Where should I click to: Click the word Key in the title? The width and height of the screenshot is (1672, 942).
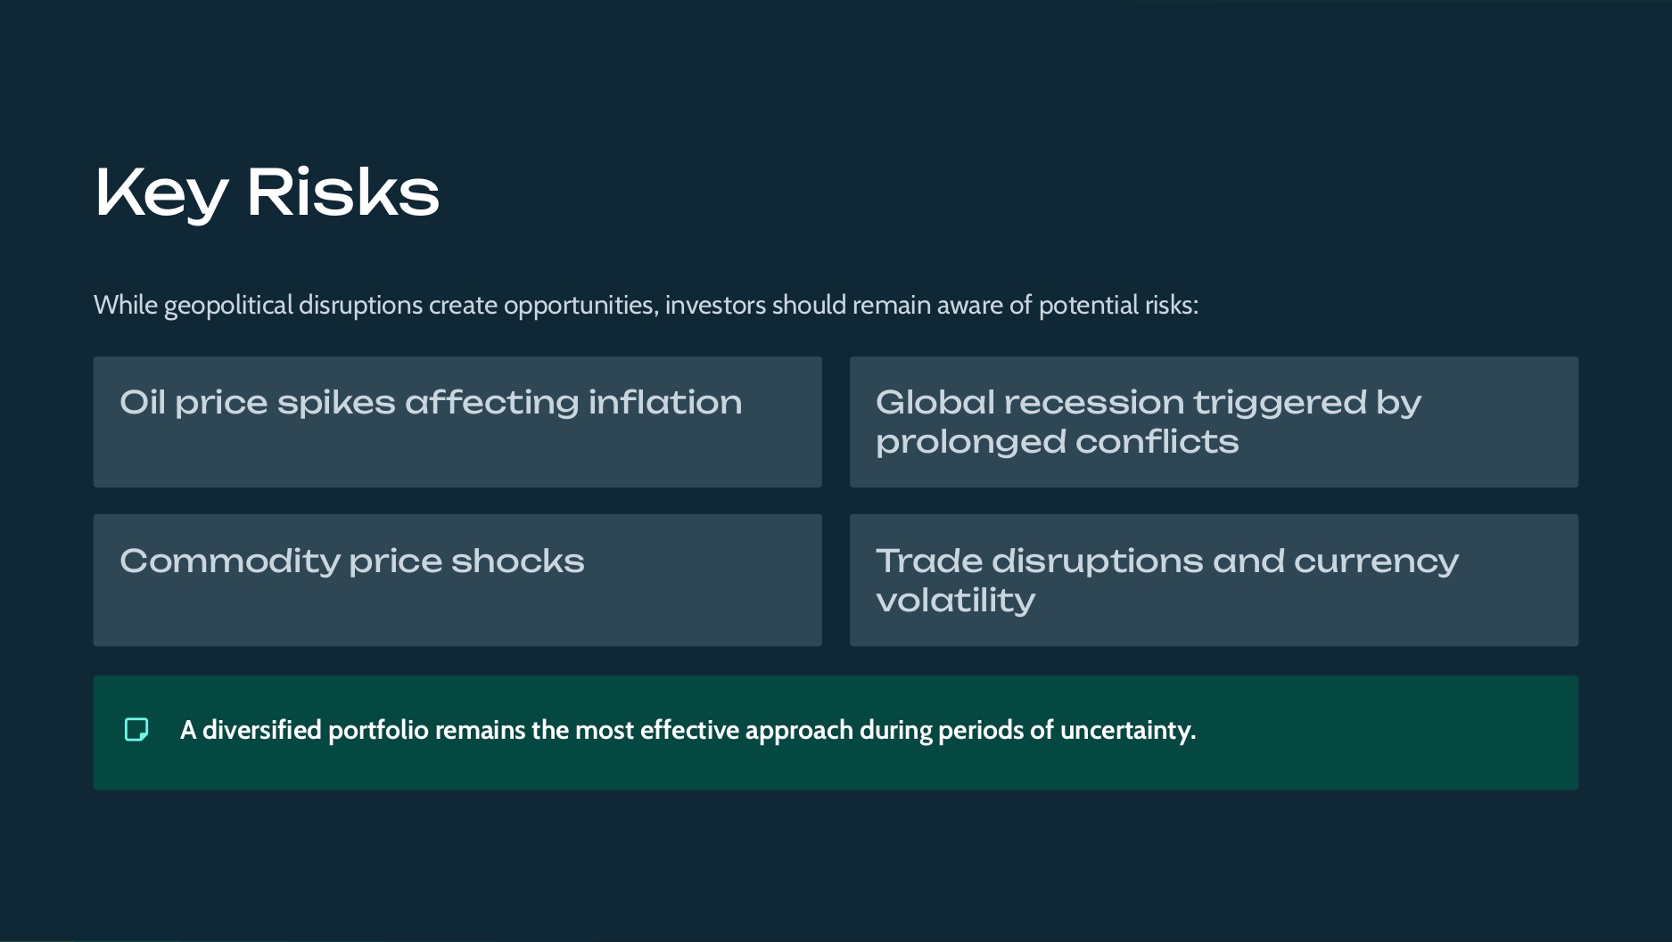(x=161, y=193)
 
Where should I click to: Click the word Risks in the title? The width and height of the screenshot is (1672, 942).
(x=343, y=192)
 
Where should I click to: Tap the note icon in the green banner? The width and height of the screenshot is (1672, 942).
(x=136, y=730)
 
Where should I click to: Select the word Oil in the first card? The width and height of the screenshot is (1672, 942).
(x=143, y=402)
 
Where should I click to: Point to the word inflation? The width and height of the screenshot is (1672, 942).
(x=664, y=402)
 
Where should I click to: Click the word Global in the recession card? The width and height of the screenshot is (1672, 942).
(x=935, y=402)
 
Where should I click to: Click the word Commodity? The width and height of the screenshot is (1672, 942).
(x=230, y=561)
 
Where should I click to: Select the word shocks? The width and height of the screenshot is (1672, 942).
(x=517, y=561)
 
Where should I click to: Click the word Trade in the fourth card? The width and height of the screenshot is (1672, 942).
(x=928, y=561)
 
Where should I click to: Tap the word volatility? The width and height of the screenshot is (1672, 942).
(x=956, y=601)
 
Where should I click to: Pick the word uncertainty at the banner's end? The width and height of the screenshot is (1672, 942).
(x=1127, y=731)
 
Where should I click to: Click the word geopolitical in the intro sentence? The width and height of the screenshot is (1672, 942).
(x=228, y=306)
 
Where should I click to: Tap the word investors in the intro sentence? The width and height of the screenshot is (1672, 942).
(x=715, y=305)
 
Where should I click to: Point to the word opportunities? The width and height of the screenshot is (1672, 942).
(x=581, y=306)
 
